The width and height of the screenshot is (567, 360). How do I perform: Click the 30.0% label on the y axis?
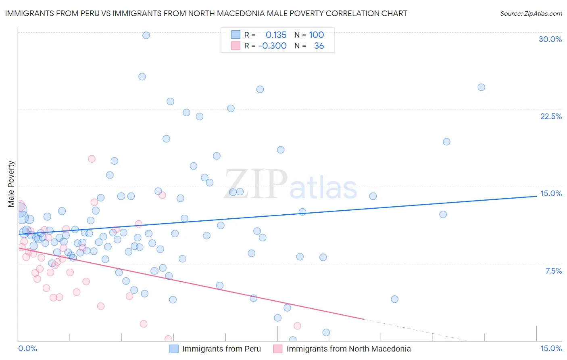pos(550,39)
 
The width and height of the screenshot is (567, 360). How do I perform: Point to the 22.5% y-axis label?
pos(551,116)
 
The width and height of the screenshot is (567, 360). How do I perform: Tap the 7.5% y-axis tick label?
pos(553,271)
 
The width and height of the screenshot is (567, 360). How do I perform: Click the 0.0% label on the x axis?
pos(27,348)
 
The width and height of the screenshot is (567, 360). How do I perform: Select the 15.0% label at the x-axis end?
pos(551,348)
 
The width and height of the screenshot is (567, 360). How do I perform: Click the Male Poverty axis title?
pos(11,184)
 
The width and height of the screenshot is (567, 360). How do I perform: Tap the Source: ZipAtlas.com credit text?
pos(531,13)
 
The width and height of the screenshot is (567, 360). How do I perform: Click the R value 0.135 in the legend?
pos(276,35)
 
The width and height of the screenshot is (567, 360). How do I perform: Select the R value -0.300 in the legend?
pos(272,46)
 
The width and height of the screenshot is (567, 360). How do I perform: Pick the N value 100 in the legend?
pos(317,35)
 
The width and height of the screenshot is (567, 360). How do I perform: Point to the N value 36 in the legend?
pos(319,46)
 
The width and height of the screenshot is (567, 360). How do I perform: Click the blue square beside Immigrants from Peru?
pos(174,349)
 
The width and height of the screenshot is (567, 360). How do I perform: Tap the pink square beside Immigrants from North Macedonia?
pos(278,349)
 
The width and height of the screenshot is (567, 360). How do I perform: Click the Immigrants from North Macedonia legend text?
pos(348,349)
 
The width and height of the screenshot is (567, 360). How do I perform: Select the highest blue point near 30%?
pos(146,35)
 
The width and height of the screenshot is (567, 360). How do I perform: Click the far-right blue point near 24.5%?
pos(481,87)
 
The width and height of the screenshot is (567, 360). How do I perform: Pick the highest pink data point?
pos(92,159)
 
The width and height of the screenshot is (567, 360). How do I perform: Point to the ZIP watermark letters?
pos(256,184)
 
